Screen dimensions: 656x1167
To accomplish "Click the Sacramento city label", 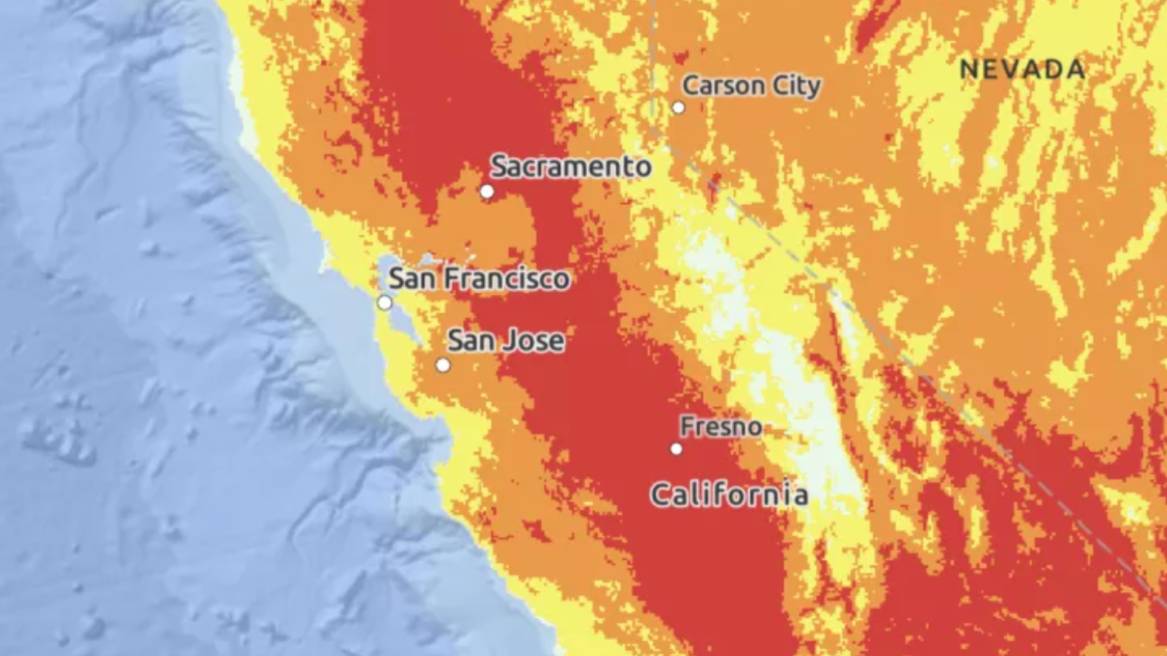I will tap(571, 166).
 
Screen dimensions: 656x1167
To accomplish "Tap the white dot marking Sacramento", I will tap(487, 192).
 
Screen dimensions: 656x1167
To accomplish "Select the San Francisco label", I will tap(479, 279).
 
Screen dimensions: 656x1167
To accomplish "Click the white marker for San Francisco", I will tap(385, 302).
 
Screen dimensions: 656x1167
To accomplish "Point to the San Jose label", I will tap(506, 341).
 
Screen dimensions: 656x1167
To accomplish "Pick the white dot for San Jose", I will tap(443, 365).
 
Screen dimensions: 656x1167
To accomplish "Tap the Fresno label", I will tap(721, 426).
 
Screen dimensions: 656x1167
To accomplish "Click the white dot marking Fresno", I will tap(676, 449).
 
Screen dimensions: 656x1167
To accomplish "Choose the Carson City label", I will tap(751, 86).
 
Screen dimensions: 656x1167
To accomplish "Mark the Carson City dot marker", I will tap(678, 108).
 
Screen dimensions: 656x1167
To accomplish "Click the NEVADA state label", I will tap(1022, 69).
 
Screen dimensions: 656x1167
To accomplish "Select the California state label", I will tap(729, 494).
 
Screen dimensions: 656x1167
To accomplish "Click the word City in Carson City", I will tap(796, 86).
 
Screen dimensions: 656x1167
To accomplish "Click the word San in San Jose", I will tap(469, 341).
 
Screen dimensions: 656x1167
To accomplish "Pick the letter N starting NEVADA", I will tap(969, 69).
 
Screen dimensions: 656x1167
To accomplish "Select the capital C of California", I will tap(663, 495).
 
